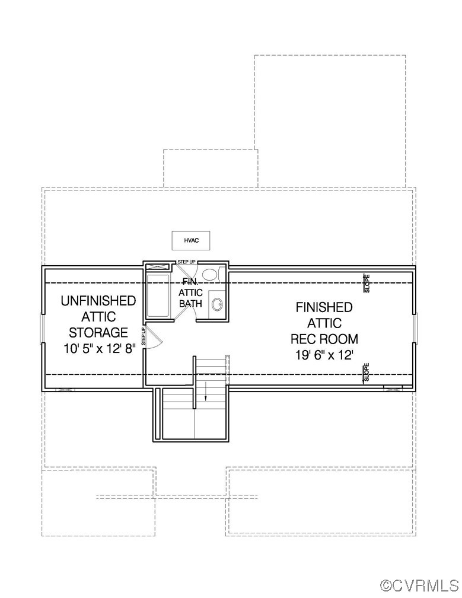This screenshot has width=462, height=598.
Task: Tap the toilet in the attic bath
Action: (209, 274)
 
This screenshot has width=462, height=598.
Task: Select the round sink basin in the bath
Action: (217, 305)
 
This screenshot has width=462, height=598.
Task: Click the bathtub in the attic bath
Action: (158, 295)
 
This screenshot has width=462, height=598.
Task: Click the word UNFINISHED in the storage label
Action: (98, 301)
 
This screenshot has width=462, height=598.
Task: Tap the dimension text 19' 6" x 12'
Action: (324, 355)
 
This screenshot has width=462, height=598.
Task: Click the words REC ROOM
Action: (324, 339)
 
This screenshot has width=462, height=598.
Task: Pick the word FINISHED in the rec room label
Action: (324, 307)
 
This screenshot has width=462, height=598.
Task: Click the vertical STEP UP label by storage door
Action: (144, 336)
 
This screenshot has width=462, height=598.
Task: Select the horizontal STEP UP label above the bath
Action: (186, 262)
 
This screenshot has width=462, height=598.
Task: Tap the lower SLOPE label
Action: (367, 372)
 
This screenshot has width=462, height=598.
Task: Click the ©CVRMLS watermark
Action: (419, 586)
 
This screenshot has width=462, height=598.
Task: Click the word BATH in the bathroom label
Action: (191, 304)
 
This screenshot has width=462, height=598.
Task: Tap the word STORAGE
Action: (98, 332)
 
